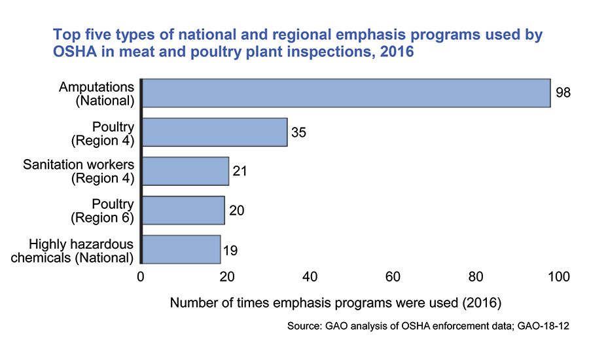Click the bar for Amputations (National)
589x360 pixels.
point(346,93)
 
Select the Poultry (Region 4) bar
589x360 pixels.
point(214,132)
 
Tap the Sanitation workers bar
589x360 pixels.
point(185,171)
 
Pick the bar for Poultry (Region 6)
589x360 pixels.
point(183,210)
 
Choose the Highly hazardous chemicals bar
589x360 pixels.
point(181,249)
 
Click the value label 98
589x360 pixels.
point(563,93)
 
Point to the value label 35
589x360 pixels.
point(298,132)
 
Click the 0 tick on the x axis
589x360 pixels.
point(141,277)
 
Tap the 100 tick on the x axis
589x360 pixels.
point(559,277)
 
